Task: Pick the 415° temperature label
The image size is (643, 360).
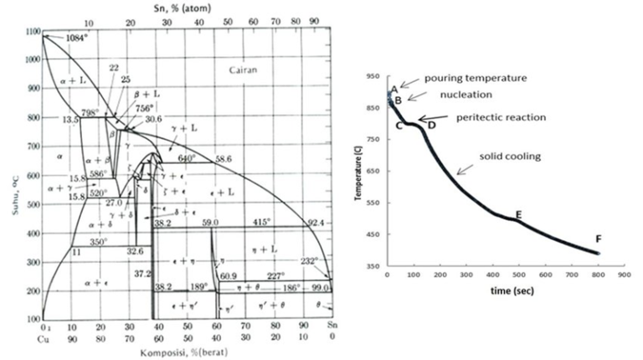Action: coord(264,222)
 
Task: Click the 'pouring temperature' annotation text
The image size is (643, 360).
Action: coord(475,78)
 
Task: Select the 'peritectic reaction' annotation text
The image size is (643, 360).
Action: coord(501,117)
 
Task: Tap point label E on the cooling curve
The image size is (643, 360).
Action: coord(518,214)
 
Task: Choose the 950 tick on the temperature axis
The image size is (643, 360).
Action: coord(371,76)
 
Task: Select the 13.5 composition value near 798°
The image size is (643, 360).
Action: coord(70,121)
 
